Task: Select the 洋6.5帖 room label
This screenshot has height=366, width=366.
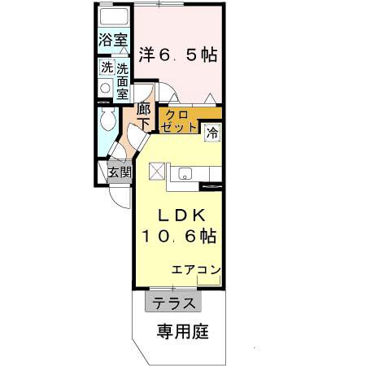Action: point(176,55)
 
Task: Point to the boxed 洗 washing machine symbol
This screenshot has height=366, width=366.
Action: point(107,68)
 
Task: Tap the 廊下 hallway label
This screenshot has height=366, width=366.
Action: point(143,117)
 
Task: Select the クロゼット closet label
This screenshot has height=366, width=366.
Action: point(180,120)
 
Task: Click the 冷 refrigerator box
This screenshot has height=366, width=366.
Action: point(211,129)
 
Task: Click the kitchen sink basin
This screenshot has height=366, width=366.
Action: point(185,172)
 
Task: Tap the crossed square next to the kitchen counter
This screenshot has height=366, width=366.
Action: point(157,172)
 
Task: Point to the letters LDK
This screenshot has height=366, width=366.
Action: point(180,216)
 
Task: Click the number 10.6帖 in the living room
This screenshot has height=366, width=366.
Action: point(180,237)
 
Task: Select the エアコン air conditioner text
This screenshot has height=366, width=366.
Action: point(196,270)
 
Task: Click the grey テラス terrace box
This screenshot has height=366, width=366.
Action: point(172,303)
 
